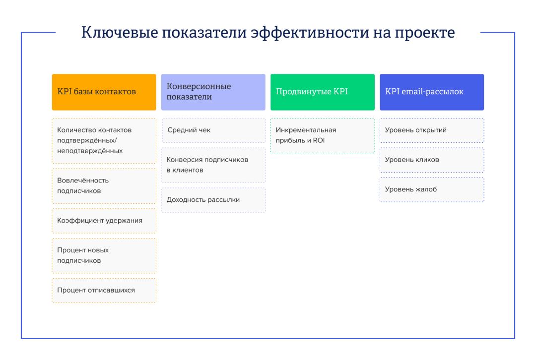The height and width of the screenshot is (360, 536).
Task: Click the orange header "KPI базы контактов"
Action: [x=104, y=92]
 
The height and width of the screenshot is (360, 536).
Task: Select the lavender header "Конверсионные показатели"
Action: [x=213, y=92]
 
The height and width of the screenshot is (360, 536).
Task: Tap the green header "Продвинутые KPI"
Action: [x=323, y=92]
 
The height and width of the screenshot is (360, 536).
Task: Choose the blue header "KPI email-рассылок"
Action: [x=432, y=92]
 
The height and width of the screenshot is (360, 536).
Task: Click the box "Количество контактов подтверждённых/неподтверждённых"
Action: [x=104, y=141]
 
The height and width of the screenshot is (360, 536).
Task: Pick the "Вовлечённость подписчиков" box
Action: [x=104, y=186]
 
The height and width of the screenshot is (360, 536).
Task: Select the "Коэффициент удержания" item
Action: [x=104, y=221]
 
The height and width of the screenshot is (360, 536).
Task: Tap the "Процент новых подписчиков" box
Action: [x=104, y=255]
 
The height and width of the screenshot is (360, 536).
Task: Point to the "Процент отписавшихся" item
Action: [x=104, y=290]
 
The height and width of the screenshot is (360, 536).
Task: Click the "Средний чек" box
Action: [x=213, y=130]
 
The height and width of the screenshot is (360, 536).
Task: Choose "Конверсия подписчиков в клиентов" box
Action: [x=213, y=165]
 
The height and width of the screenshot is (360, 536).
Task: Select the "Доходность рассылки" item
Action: [x=213, y=200]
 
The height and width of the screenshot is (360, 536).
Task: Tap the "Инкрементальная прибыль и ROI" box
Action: [x=323, y=135]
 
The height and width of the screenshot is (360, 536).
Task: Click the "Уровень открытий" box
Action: [x=432, y=130]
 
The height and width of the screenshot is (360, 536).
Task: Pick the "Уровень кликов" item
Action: [x=432, y=160]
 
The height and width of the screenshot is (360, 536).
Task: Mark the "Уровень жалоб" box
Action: [x=432, y=189]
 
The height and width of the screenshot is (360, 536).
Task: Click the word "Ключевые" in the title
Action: [x=120, y=33]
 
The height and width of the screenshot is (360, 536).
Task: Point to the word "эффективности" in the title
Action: [x=309, y=33]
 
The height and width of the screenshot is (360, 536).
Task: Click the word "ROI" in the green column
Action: [x=319, y=140]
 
